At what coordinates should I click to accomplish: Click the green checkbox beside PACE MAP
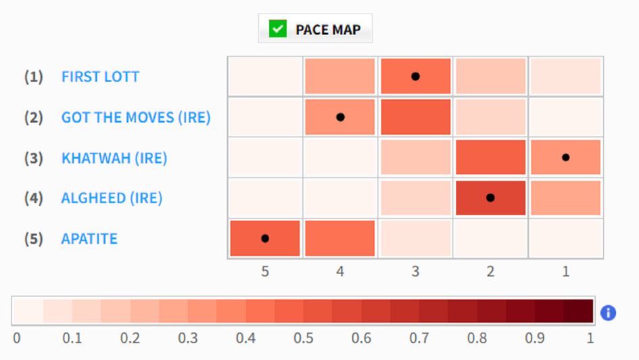click(x=277, y=29)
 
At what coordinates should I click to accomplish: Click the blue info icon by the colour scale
click(x=608, y=313)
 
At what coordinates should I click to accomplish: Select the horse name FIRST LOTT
click(x=100, y=76)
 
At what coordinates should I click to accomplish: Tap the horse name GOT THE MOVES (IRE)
click(x=136, y=117)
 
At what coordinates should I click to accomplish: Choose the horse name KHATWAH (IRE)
click(x=114, y=158)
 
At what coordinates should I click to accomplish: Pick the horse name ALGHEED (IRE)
click(x=112, y=198)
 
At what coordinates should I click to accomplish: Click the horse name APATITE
click(x=89, y=239)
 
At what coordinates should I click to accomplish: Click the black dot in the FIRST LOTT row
click(x=415, y=76)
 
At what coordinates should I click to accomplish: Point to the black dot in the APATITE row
click(x=265, y=238)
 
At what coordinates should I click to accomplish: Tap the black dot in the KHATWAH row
click(x=565, y=158)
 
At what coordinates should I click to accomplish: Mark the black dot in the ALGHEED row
click(x=490, y=198)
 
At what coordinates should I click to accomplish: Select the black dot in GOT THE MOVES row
click(x=340, y=117)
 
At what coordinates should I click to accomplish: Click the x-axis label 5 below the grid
click(x=265, y=272)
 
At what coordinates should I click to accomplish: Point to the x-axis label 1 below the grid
click(x=565, y=272)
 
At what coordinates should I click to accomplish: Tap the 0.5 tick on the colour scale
click(x=304, y=337)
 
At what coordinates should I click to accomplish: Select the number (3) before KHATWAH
click(x=34, y=158)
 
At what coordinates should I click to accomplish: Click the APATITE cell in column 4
click(x=340, y=238)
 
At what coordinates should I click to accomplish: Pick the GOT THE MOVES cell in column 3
click(x=415, y=117)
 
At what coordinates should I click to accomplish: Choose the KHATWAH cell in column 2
click(x=490, y=158)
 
